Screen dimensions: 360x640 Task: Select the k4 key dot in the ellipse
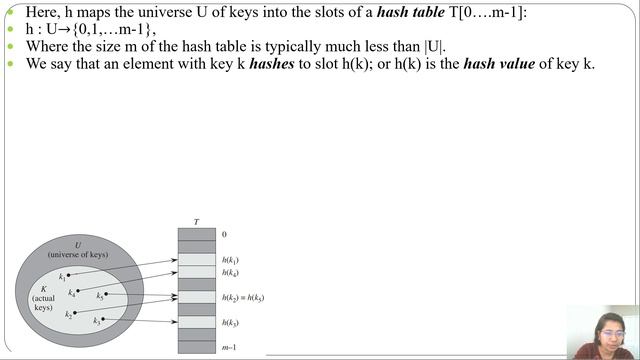point(78,291)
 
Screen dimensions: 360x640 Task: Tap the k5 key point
point(106,294)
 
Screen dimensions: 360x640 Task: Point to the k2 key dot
point(74,312)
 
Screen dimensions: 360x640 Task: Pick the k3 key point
point(102,319)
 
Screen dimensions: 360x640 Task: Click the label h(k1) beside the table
point(230,260)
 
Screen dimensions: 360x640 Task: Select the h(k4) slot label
point(230,273)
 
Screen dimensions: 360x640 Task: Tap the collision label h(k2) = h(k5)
point(242,298)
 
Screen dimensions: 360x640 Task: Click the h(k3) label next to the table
point(230,323)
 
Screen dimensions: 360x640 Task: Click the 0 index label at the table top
point(224,235)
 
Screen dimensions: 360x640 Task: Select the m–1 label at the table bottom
point(229,347)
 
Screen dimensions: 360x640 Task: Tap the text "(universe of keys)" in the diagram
point(77,255)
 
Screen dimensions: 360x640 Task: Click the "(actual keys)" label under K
point(43,303)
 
